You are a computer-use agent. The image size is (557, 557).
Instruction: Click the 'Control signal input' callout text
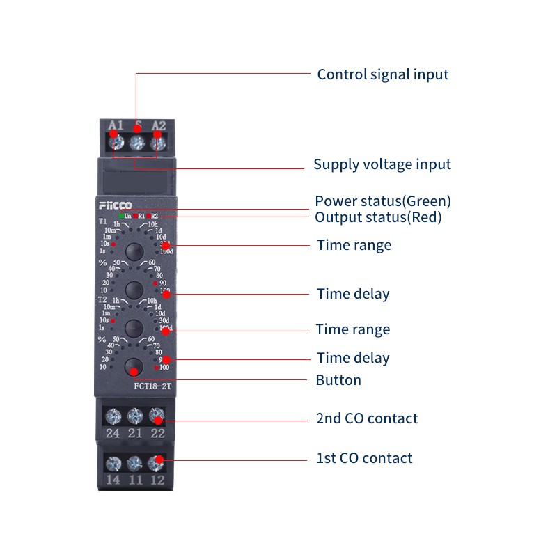383,74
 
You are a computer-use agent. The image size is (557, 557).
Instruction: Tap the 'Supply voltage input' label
382,165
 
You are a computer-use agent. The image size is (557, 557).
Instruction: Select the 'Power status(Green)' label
383,201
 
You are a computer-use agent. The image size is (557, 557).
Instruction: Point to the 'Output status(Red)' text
378,217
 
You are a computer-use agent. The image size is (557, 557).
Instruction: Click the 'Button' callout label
338,380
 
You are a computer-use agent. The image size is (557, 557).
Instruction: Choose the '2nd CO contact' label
367,418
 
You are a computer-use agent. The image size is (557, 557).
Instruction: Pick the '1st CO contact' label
364,458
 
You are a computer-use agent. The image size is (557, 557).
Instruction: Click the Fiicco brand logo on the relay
114,205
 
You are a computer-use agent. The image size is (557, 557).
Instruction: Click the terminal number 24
111,434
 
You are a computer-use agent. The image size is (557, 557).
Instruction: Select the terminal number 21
135,434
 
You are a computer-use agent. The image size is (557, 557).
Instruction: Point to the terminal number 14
112,479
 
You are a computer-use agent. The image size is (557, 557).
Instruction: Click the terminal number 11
135,479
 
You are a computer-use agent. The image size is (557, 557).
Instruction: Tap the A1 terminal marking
116,126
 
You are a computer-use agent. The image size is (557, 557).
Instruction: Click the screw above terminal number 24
111,416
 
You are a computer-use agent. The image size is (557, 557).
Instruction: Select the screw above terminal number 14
112,462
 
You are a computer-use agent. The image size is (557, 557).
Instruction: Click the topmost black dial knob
134,251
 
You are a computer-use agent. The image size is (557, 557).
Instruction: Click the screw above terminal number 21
135,416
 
